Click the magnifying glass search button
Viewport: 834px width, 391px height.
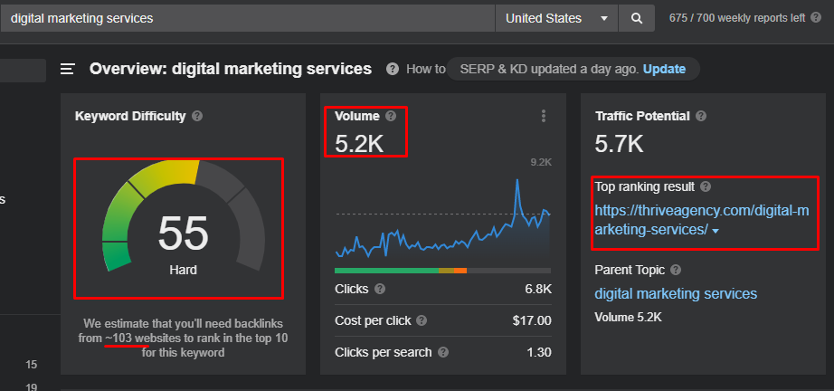click(x=637, y=19)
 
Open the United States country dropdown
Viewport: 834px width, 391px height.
click(x=556, y=19)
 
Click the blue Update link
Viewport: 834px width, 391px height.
click(x=664, y=69)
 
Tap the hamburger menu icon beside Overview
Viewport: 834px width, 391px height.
click(x=68, y=69)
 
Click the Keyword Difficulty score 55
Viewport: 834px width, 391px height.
click(x=183, y=233)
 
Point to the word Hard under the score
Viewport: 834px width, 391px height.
click(x=183, y=271)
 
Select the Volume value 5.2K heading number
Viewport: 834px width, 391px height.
click(x=359, y=144)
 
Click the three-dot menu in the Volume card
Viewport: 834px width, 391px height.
click(x=543, y=116)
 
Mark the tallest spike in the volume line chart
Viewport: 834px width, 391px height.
click(x=517, y=180)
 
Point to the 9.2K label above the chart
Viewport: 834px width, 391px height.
click(x=541, y=162)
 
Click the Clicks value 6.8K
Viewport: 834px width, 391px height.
click(x=538, y=290)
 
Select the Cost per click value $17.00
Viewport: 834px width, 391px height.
click(x=532, y=320)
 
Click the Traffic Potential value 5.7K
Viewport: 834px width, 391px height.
click(x=619, y=144)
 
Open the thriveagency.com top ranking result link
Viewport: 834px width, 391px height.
click(x=702, y=220)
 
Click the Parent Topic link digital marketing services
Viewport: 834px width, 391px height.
click(x=676, y=293)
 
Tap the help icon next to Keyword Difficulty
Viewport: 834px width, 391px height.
click(x=197, y=116)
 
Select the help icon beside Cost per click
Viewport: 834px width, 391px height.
click(x=422, y=320)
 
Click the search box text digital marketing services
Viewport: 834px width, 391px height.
click(x=82, y=19)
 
